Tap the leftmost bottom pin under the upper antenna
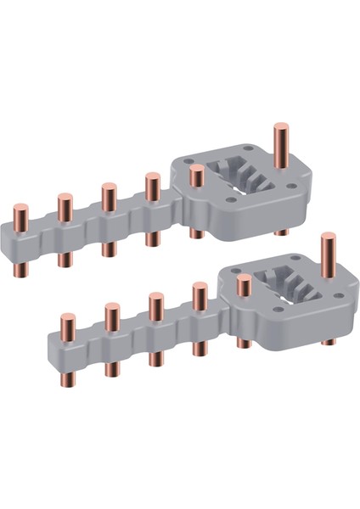click(22, 268)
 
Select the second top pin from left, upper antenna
click(65, 208)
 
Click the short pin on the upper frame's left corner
click(197, 176)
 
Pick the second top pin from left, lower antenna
click(112, 315)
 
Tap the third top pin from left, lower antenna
click(156, 305)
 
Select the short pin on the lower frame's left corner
click(244, 285)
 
